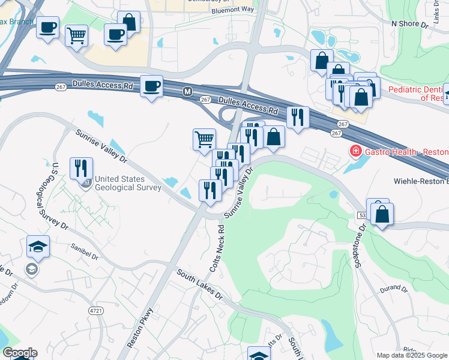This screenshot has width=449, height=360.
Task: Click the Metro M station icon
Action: (187, 92)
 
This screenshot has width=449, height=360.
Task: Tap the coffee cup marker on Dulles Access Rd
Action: (152, 86)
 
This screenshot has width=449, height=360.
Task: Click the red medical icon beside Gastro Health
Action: (355, 151)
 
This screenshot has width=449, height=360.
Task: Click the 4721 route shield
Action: (95, 310)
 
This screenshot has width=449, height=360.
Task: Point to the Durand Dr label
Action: (393, 289)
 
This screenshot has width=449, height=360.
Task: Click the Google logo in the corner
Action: (19, 353)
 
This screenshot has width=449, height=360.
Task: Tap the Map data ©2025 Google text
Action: (411, 355)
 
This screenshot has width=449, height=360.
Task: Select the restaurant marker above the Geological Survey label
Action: (81, 168)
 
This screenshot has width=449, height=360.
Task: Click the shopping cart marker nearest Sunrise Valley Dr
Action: (204, 139)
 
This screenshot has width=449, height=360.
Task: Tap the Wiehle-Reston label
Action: (420, 181)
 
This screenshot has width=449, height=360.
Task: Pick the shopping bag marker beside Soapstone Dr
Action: (382, 214)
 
